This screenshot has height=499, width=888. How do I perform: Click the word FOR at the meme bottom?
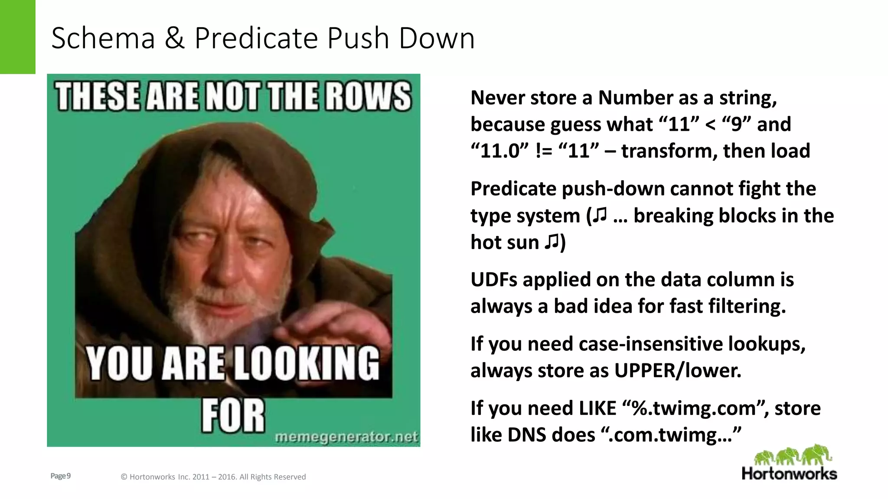(233, 416)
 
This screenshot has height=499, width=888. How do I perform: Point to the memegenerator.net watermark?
(346, 437)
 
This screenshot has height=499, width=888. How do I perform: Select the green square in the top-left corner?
(17, 37)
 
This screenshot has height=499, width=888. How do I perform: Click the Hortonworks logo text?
(789, 473)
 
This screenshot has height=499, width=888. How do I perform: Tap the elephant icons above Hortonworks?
(793, 455)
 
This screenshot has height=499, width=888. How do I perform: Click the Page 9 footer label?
(61, 476)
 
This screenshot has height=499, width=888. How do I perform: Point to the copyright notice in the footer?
(213, 477)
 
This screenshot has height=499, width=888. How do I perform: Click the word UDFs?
(494, 279)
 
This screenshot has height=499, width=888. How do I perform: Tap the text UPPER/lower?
(678, 370)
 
